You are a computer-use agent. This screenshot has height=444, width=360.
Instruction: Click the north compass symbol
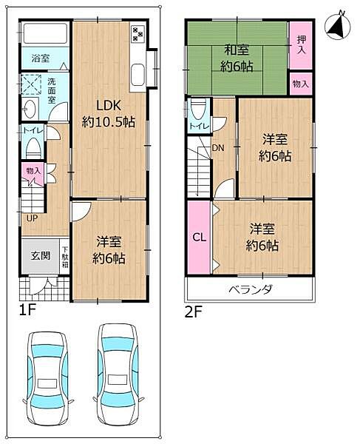pos(337,25)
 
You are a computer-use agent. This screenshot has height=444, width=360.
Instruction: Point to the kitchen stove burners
pos(138,33)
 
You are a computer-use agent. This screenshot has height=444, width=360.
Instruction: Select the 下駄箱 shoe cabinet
pos(65,258)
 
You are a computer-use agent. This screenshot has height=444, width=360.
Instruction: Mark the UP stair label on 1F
pos(32,218)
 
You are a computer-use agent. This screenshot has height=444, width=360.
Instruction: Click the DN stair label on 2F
pos(219,148)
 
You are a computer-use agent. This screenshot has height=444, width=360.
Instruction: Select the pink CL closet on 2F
pos(199,237)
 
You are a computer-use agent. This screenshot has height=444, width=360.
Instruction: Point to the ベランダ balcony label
pos(250,289)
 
